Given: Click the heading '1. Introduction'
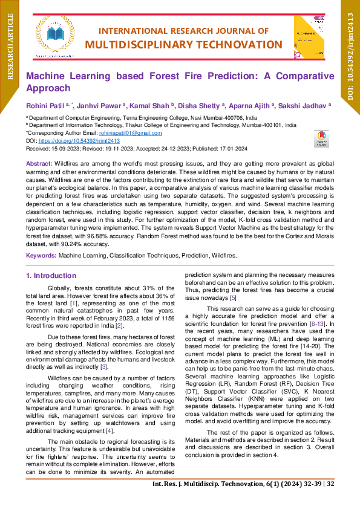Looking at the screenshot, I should pos(51,276).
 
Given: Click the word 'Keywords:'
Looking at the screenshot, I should pos(41,256).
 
